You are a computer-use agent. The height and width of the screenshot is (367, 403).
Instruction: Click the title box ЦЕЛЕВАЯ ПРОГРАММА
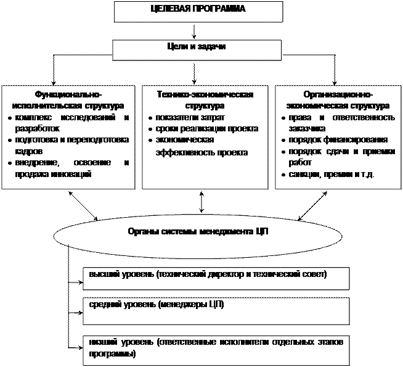[198, 11]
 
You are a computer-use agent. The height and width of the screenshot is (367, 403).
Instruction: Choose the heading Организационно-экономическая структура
[336, 100]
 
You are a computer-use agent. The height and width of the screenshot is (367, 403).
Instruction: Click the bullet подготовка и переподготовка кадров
[70, 146]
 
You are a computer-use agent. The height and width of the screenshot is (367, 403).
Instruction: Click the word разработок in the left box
[36, 129]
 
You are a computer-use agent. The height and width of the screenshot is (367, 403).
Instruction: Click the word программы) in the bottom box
[112, 355]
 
